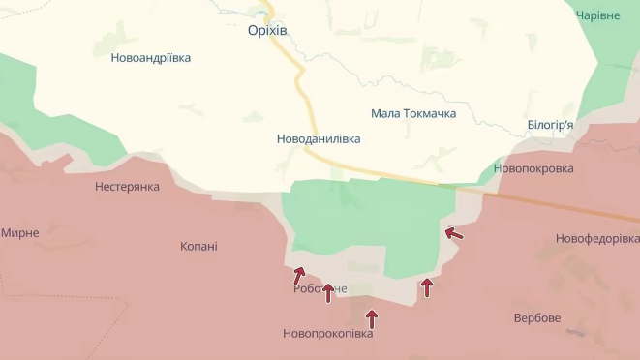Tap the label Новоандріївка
[151, 58]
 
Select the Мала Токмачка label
[413, 114]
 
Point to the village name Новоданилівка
[318, 139]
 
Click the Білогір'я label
[550, 125]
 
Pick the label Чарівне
[598, 15]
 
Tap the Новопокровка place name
[533, 168]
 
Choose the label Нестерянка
[127, 187]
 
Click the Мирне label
[20, 233]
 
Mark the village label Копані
[198, 247]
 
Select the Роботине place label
[320, 288]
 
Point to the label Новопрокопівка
[327, 335]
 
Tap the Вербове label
[536, 318]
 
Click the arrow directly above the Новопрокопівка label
[371, 318]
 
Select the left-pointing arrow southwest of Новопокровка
[453, 232]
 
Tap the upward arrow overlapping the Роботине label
[328, 291]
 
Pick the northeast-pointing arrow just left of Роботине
[299, 276]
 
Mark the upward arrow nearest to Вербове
[426, 286]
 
